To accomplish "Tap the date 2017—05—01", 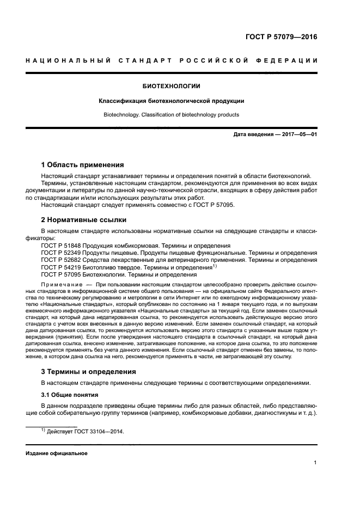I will (x=299, y=134).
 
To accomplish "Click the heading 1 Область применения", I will (x=83, y=164).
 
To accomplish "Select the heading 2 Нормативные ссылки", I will (x=84, y=220).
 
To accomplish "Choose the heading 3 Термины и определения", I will (x=89, y=371).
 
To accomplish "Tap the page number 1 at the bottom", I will (x=315, y=463).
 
